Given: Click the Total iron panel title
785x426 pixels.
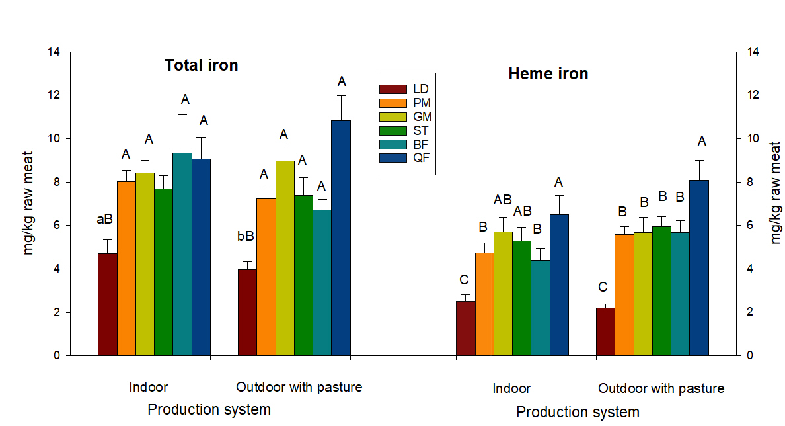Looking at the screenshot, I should click(201, 65).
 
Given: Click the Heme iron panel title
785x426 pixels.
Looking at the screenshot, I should click(548, 74).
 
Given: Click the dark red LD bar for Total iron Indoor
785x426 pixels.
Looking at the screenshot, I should click(108, 304).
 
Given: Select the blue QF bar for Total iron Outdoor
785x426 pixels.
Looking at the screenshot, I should click(341, 238).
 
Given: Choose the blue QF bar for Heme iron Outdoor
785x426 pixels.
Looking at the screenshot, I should click(699, 268).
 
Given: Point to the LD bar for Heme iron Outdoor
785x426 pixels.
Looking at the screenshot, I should click(605, 331).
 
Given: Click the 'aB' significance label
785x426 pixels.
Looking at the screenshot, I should click(104, 219).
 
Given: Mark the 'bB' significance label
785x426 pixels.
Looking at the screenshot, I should click(246, 236).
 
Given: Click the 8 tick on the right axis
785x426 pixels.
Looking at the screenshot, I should click(749, 182).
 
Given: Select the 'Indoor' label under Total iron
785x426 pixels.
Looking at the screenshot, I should click(149, 387).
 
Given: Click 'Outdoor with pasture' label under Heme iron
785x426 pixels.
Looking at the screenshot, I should click(661, 388).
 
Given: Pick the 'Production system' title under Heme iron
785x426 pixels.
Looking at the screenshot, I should click(578, 412).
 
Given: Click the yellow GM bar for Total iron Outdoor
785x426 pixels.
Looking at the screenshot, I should click(285, 258).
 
